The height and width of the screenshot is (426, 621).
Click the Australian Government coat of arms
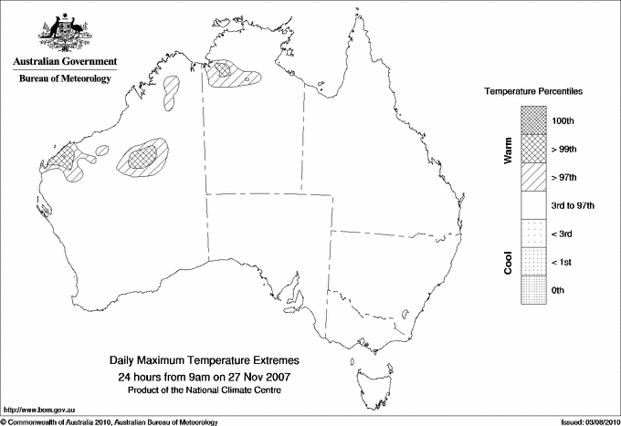64,32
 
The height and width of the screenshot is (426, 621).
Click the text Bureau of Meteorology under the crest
65,79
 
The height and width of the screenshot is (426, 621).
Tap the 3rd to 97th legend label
574,205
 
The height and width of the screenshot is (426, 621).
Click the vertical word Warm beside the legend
509,151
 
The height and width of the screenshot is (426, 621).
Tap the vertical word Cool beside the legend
509,260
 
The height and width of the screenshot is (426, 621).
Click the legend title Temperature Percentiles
533,93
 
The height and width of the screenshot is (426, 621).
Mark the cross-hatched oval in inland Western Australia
143,157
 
